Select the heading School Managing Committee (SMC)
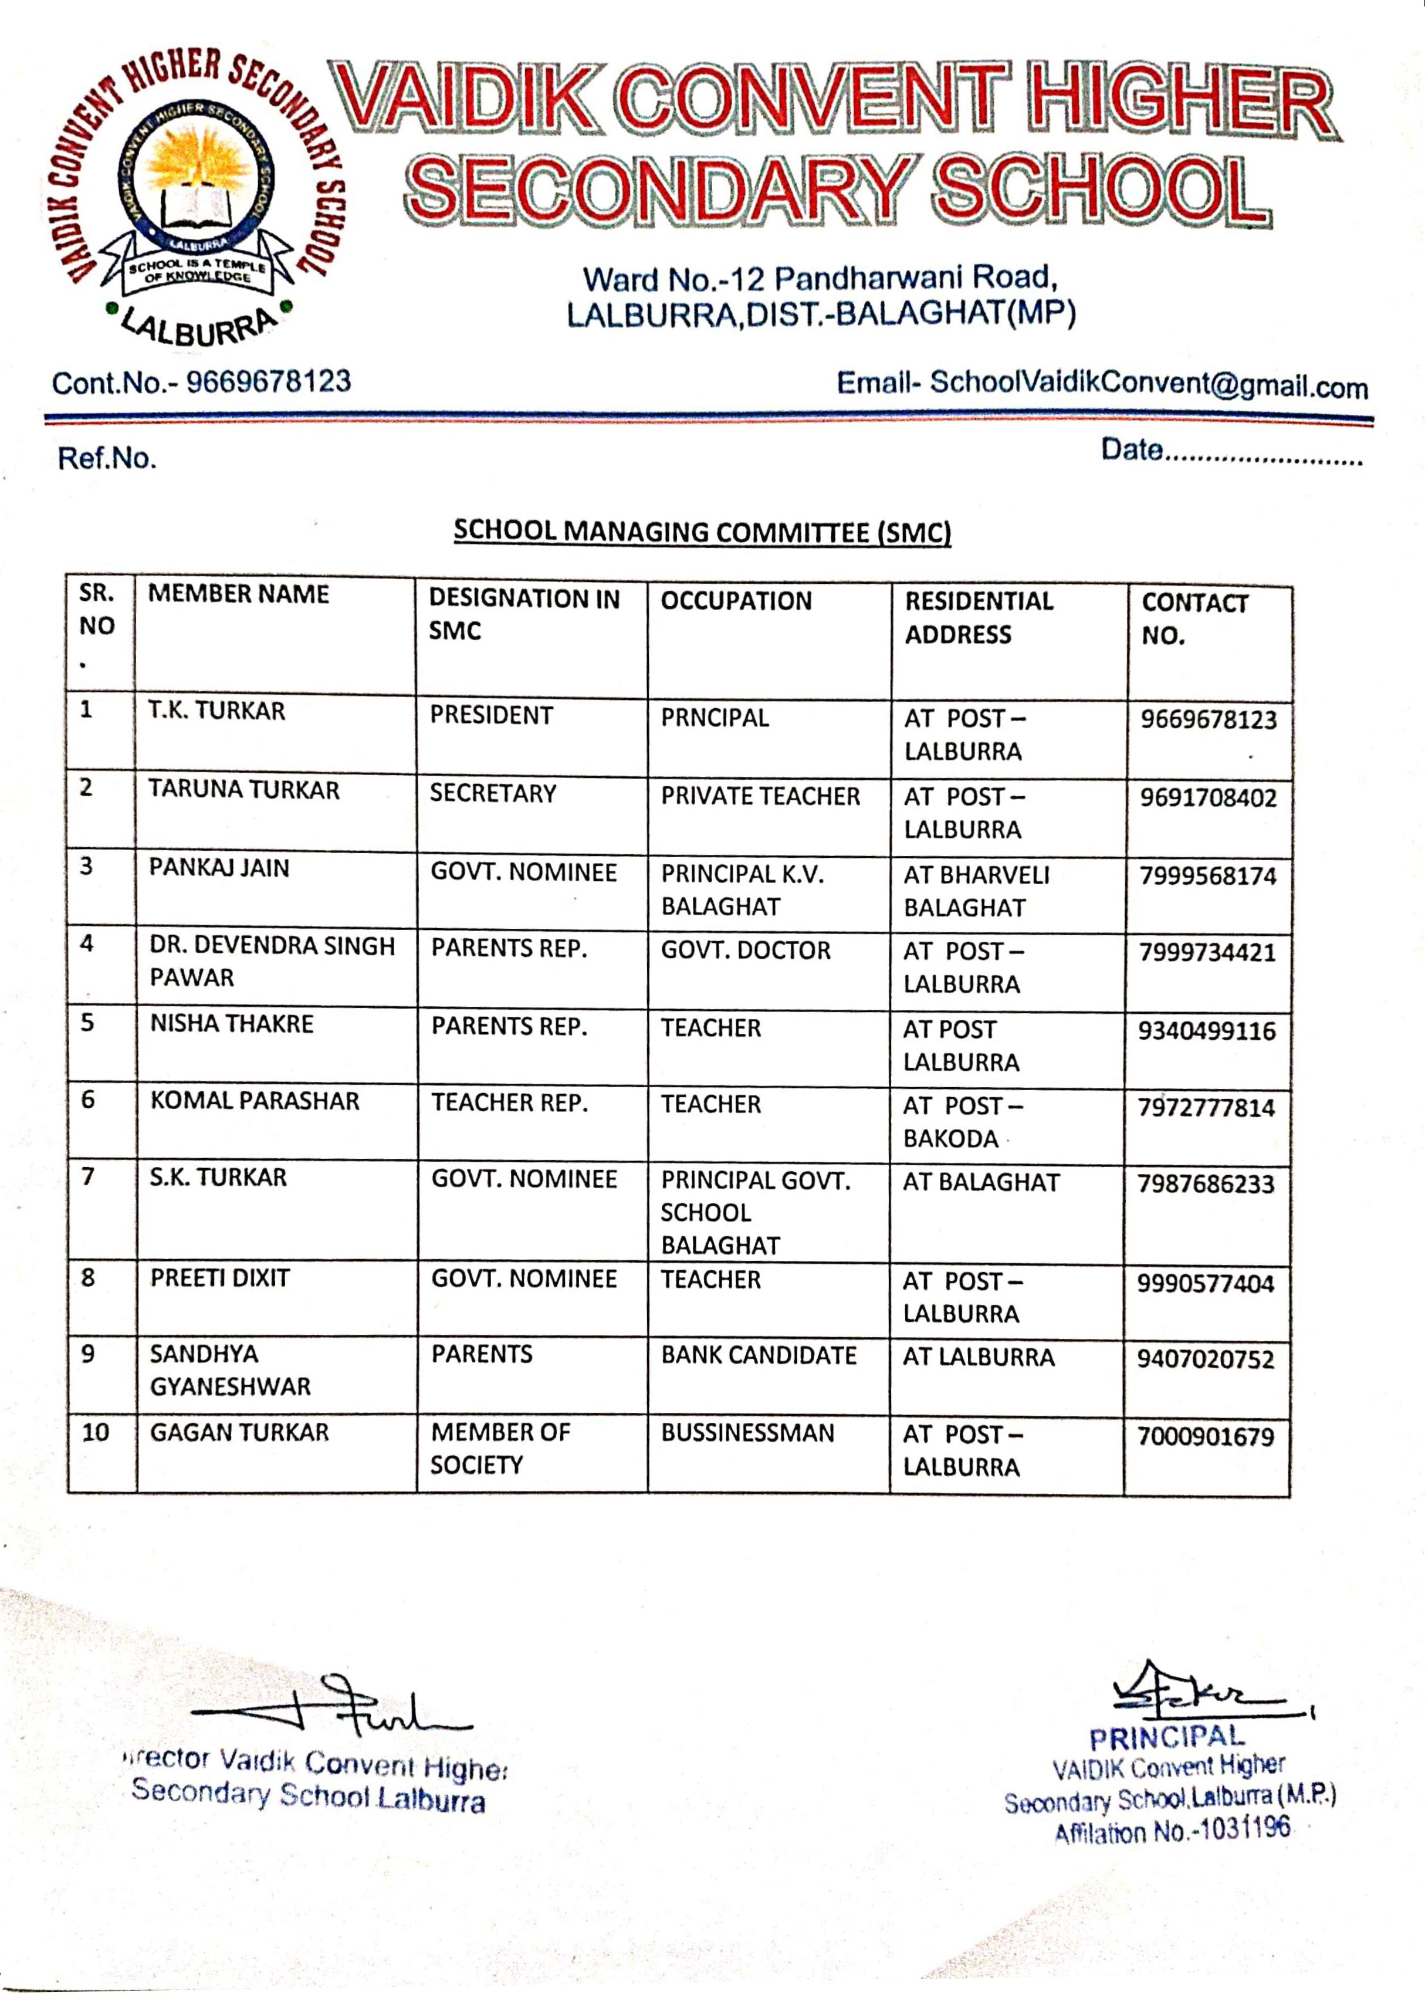tap(702, 531)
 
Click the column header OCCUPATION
tap(736, 601)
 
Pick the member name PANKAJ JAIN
tap(219, 868)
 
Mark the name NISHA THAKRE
tap(232, 1024)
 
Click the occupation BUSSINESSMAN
tap(747, 1433)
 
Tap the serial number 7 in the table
tap(88, 1176)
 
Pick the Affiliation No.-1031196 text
tap(1172, 1832)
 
